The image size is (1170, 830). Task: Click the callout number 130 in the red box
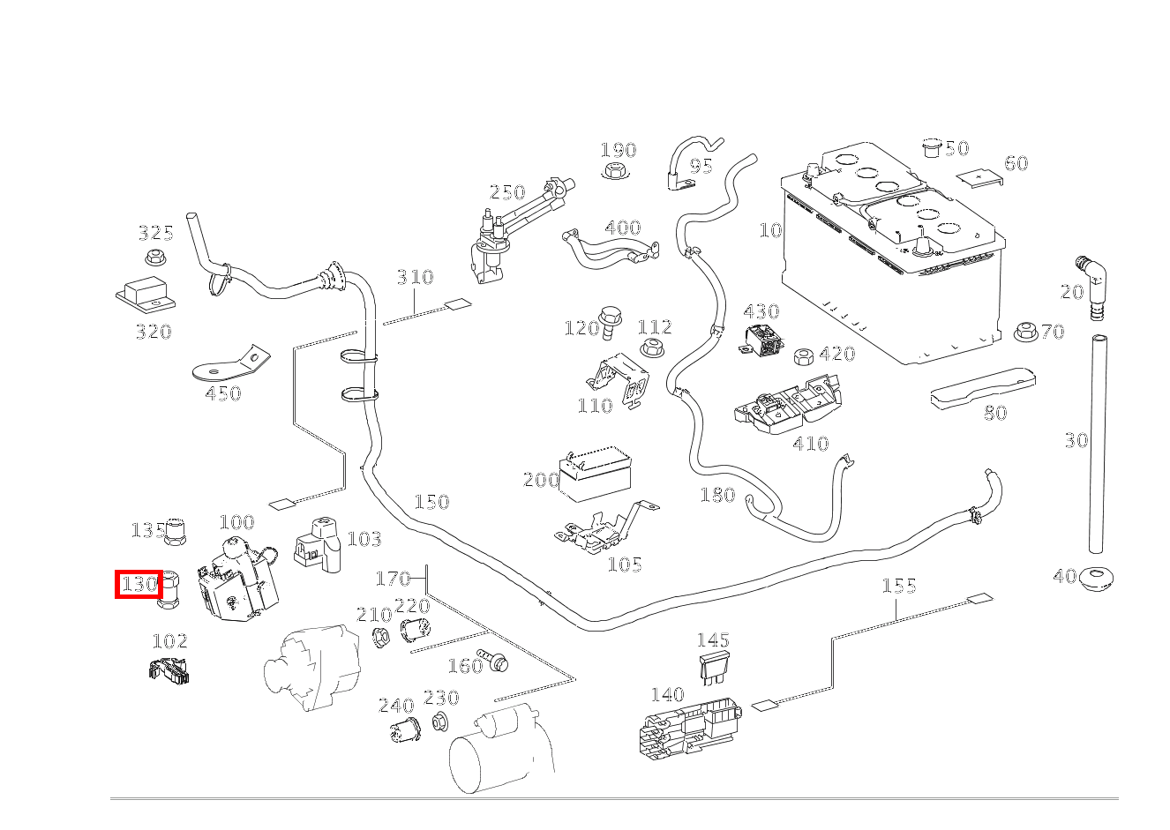[x=139, y=584]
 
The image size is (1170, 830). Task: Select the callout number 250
[x=507, y=192]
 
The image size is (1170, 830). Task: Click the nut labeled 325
[x=156, y=259]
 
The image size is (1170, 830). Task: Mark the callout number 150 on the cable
[x=431, y=502]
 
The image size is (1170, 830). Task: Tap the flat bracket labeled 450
[x=231, y=363]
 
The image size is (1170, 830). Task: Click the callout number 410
[x=810, y=443]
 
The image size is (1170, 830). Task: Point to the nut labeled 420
[x=803, y=356]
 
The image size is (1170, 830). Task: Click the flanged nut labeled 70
[x=1025, y=332]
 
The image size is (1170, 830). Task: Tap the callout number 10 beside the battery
[x=770, y=230]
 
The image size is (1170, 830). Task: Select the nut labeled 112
[x=652, y=347]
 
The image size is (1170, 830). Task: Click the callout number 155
[x=899, y=586]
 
